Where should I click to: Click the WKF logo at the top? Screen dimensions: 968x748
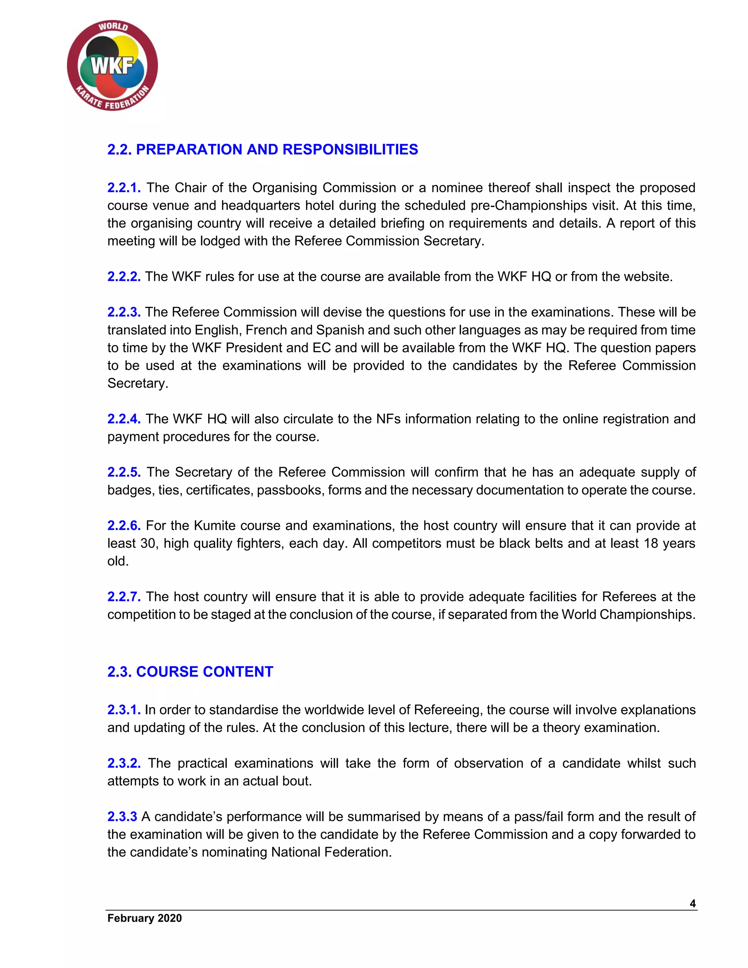112,66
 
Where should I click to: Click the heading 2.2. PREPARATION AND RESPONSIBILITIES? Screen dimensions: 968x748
262,150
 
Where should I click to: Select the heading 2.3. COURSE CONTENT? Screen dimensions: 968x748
190,671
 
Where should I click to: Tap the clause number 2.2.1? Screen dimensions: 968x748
124,188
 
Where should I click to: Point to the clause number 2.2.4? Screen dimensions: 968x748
124,419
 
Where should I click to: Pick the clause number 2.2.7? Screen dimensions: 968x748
124,597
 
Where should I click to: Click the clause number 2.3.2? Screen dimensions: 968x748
124,763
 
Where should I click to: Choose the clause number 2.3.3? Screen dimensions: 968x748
122,816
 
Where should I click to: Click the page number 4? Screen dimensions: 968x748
692,904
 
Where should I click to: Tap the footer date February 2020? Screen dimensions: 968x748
145,918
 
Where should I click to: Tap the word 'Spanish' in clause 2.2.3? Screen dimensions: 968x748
339,330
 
